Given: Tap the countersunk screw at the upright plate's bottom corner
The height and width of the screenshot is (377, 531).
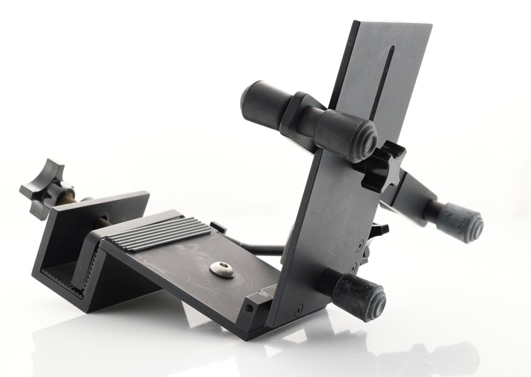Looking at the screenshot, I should [x=298, y=308].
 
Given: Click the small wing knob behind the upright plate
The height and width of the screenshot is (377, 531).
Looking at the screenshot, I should [x=379, y=232].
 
